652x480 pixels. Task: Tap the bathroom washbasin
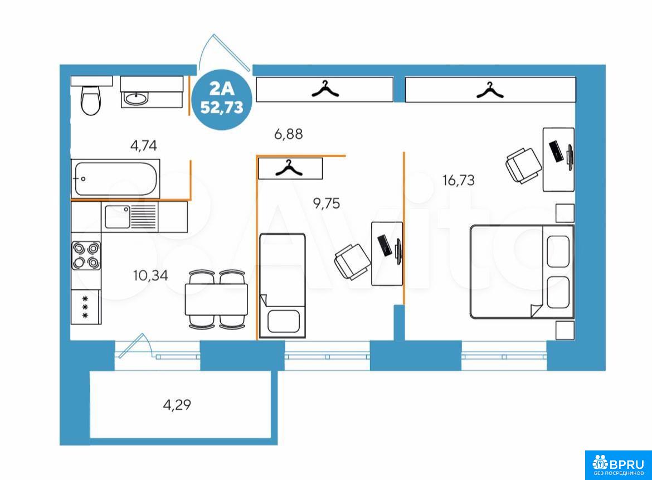click(136, 99)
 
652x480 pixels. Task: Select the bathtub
click(115, 179)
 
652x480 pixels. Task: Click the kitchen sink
click(117, 217)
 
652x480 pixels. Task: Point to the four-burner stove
click(86, 255)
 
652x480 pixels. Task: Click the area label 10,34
click(150, 275)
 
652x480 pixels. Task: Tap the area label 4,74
click(143, 146)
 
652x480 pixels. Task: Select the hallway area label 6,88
click(289, 134)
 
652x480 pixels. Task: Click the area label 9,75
click(327, 203)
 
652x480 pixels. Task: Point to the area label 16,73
click(459, 180)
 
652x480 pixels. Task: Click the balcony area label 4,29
click(177, 405)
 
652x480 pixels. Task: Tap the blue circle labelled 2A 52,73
click(222, 99)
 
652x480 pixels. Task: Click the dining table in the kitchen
click(216, 299)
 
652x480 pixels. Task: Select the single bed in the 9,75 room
click(283, 285)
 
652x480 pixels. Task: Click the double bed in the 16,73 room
click(522, 272)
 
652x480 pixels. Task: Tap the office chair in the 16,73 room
click(523, 165)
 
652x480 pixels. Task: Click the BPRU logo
click(619, 465)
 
